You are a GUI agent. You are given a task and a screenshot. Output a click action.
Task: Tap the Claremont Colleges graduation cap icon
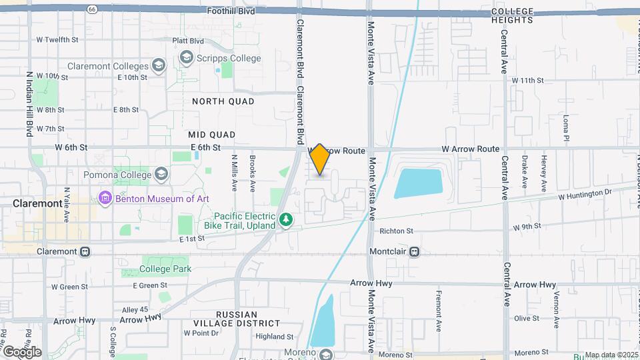(x=158, y=65)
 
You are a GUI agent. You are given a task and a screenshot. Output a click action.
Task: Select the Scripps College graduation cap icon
(x=186, y=59)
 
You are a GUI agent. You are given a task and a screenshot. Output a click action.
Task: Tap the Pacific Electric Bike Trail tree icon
(x=286, y=219)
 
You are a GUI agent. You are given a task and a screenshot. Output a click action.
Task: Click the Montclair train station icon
(x=415, y=252)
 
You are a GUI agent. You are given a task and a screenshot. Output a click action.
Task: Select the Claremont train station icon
(x=85, y=252)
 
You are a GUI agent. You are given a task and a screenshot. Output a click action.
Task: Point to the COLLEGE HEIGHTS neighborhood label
(x=512, y=15)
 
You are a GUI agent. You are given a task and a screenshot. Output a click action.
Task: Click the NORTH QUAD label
(x=223, y=101)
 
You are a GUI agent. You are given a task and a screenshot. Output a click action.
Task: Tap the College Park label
(x=166, y=269)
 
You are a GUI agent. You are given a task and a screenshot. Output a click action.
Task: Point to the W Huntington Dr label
(x=585, y=194)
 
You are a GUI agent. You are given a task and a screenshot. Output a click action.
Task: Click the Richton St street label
(x=396, y=231)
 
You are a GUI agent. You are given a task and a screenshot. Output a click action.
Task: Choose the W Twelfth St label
(x=57, y=39)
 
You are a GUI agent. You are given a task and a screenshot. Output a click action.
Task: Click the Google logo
(x=21, y=351)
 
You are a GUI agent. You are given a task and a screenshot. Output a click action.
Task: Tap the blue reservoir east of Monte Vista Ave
(x=418, y=183)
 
